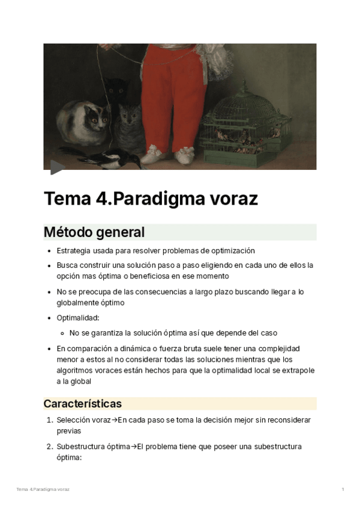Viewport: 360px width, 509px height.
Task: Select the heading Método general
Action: pyautogui.click(x=94, y=232)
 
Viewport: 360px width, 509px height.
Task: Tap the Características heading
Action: pyautogui.click(x=83, y=403)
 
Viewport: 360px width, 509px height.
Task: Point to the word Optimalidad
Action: pyautogui.click(x=78, y=318)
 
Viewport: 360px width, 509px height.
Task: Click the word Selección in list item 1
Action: pyautogui.click(x=73, y=420)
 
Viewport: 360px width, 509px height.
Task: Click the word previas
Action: pyautogui.click(x=69, y=430)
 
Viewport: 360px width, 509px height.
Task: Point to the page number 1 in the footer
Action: pyautogui.click(x=343, y=490)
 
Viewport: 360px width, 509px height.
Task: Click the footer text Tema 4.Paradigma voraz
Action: pyautogui.click(x=43, y=490)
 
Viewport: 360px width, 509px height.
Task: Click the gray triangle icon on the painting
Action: pyautogui.click(x=56, y=167)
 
